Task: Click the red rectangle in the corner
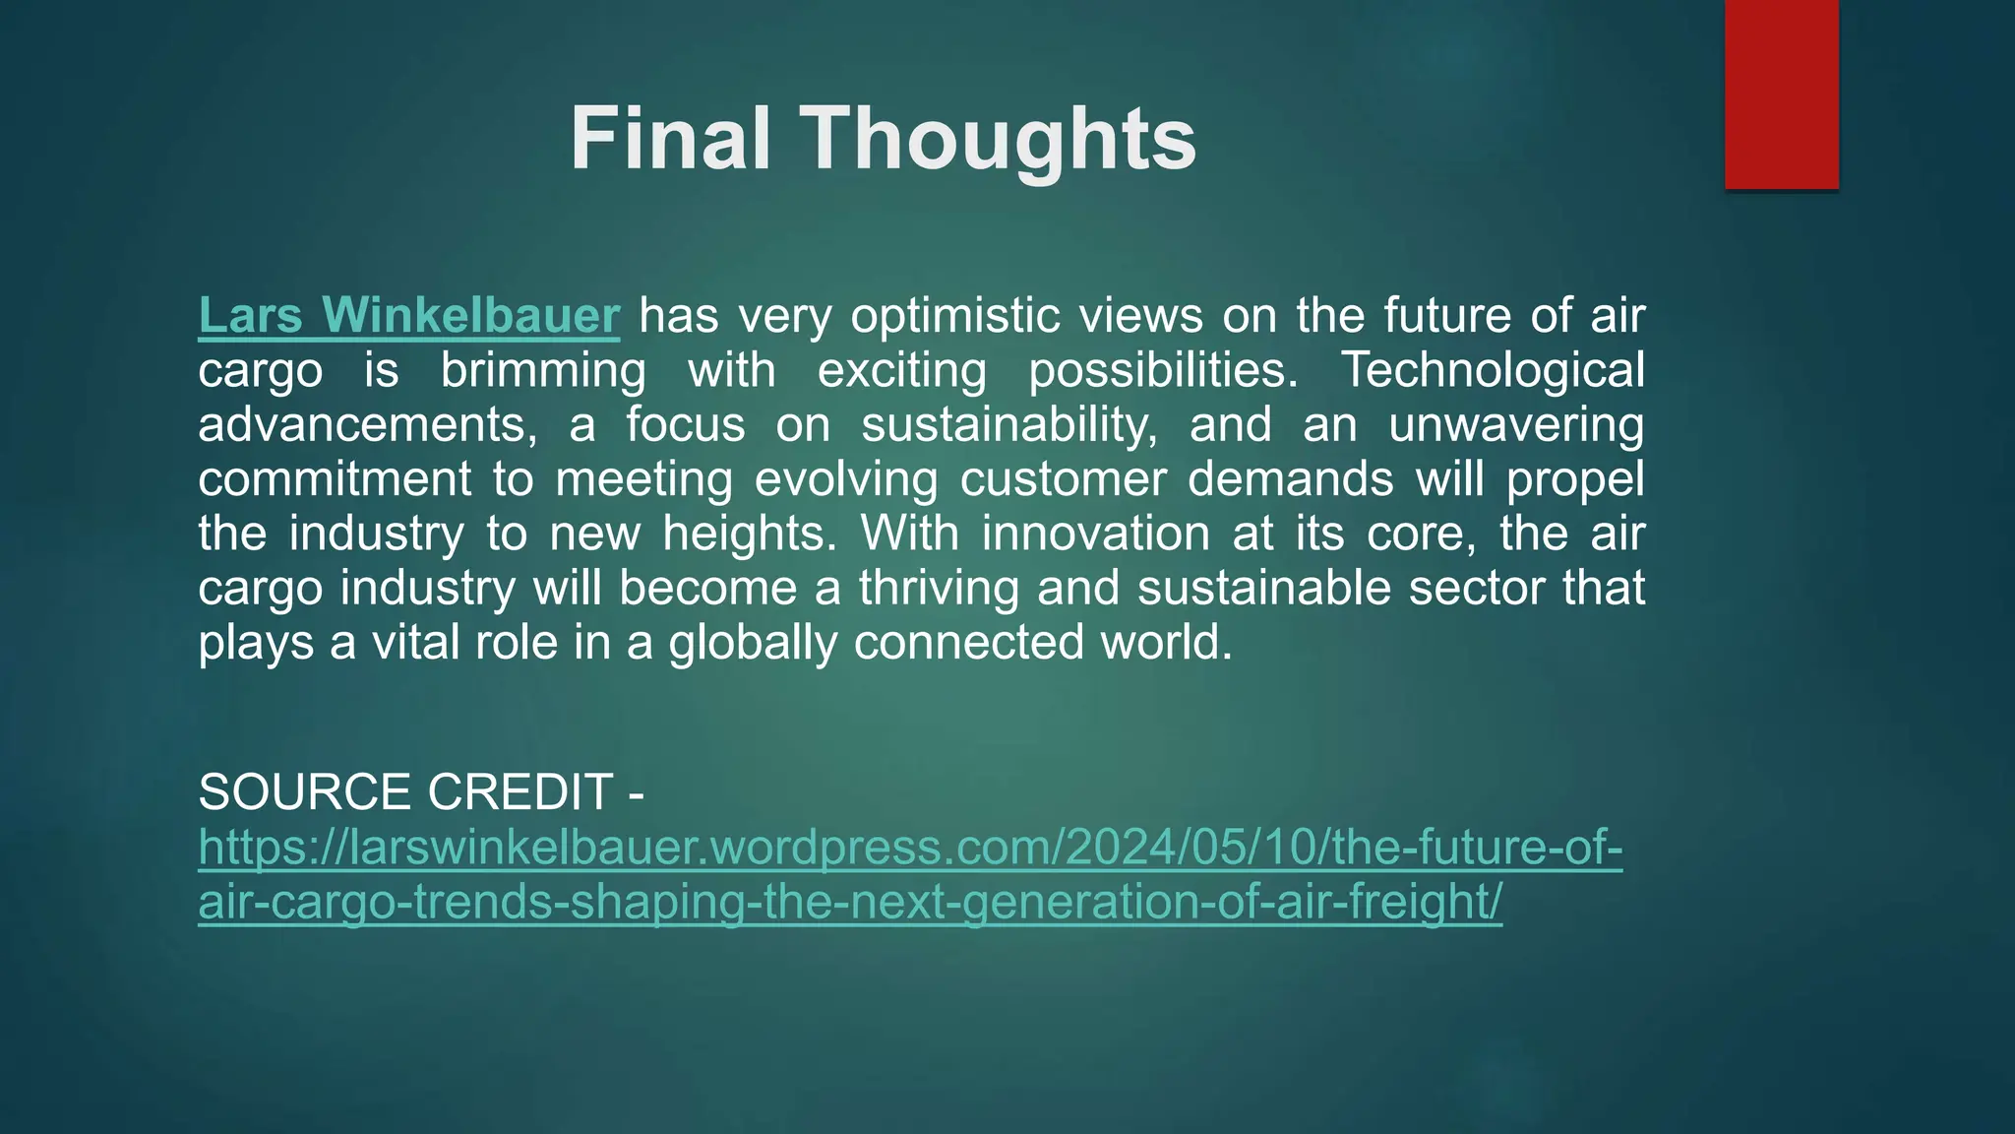click(1781, 94)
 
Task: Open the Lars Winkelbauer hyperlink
click(408, 316)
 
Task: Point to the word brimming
click(543, 371)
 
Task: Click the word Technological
click(1493, 371)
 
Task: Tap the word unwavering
click(1516, 425)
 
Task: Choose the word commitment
click(335, 479)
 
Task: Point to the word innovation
click(1095, 534)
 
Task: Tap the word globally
click(752, 643)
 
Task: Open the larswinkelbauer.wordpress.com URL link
click(909, 848)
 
